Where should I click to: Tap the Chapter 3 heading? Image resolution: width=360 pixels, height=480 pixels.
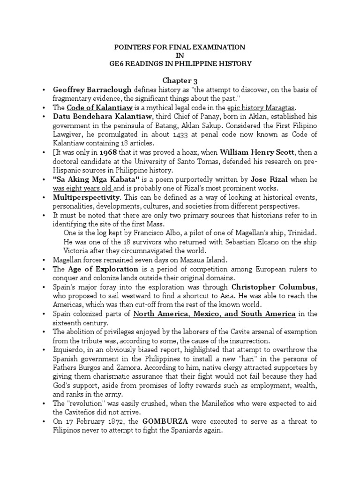tap(180, 81)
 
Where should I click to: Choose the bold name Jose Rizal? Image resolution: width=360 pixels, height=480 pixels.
tap(269, 179)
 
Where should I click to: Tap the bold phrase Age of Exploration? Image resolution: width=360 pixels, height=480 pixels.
tap(103, 269)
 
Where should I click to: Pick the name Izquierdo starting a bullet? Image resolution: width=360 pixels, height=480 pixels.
tap(70, 349)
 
